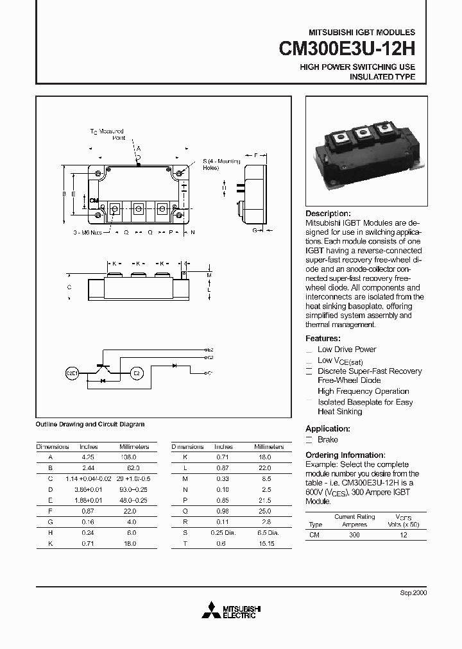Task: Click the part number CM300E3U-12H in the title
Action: click(x=347, y=49)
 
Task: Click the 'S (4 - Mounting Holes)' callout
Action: click(x=213, y=164)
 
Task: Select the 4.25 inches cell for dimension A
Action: click(x=88, y=457)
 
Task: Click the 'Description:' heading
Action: click(x=328, y=214)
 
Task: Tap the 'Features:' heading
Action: click(x=323, y=338)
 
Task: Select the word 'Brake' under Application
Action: click(x=328, y=439)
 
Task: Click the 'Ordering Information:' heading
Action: click(x=345, y=455)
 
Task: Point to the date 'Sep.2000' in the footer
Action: click(x=413, y=593)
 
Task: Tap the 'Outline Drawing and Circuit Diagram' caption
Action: click(x=89, y=424)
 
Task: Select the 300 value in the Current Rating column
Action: click(x=354, y=534)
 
